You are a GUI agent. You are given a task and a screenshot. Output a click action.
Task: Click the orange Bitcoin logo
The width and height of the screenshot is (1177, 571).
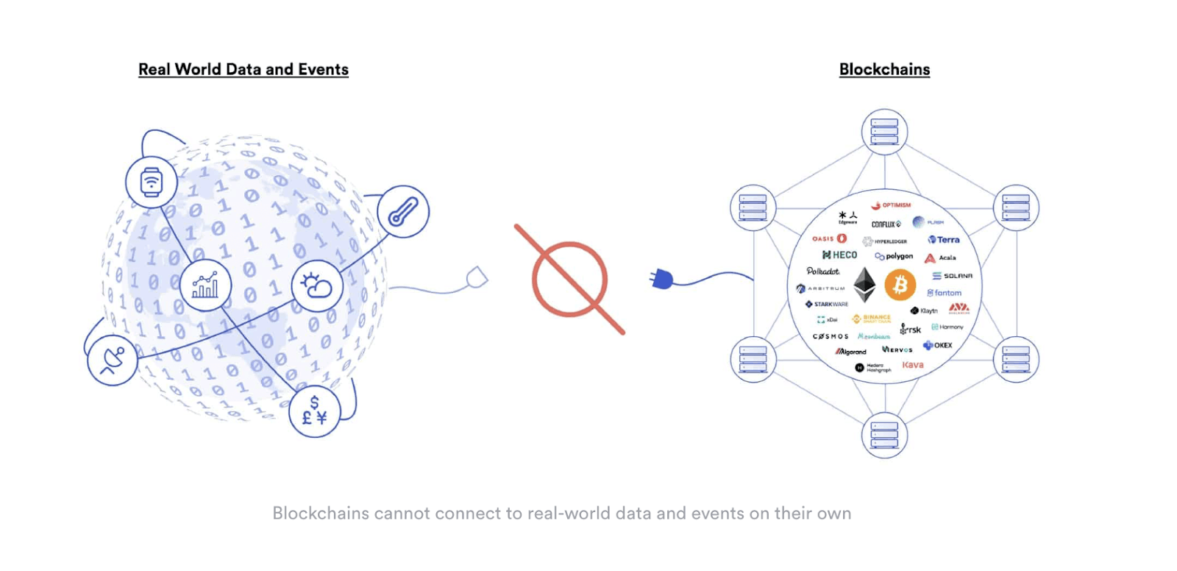(900, 285)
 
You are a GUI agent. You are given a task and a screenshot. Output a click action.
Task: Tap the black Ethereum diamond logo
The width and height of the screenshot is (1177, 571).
(864, 285)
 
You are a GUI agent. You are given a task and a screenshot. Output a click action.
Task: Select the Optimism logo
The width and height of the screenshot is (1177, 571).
(891, 205)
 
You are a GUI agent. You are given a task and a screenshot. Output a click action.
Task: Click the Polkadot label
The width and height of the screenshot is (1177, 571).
(822, 272)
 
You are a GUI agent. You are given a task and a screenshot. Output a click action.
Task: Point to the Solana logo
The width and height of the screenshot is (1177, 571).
(953, 276)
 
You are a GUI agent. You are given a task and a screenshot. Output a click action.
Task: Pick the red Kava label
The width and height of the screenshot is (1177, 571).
(913, 365)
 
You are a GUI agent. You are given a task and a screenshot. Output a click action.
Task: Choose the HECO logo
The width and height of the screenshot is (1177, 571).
(839, 255)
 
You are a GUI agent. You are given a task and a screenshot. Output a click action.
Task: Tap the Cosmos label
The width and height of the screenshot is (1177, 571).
(831, 336)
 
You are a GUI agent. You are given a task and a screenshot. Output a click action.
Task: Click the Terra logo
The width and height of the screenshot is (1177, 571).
(944, 240)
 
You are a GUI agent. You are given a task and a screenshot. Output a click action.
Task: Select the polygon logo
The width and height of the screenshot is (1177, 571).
(894, 256)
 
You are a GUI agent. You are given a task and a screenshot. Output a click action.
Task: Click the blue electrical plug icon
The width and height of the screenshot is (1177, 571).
(661, 279)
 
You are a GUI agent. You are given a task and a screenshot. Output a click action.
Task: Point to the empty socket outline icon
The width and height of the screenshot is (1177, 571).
(477, 278)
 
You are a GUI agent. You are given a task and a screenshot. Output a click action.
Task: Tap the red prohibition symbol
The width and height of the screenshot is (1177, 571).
(570, 280)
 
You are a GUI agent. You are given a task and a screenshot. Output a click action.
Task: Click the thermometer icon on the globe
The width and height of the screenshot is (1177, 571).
(403, 212)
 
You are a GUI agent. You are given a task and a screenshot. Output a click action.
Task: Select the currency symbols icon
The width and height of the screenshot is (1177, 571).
(315, 411)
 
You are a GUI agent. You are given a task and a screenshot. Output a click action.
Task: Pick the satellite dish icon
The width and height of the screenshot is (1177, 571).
(113, 360)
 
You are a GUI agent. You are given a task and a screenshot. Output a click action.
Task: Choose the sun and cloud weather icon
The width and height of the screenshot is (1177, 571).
(317, 285)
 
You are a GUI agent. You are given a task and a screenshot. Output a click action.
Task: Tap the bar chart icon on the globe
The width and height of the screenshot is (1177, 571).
(205, 285)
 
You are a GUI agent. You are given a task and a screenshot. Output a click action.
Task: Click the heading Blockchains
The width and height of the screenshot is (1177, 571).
(884, 69)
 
